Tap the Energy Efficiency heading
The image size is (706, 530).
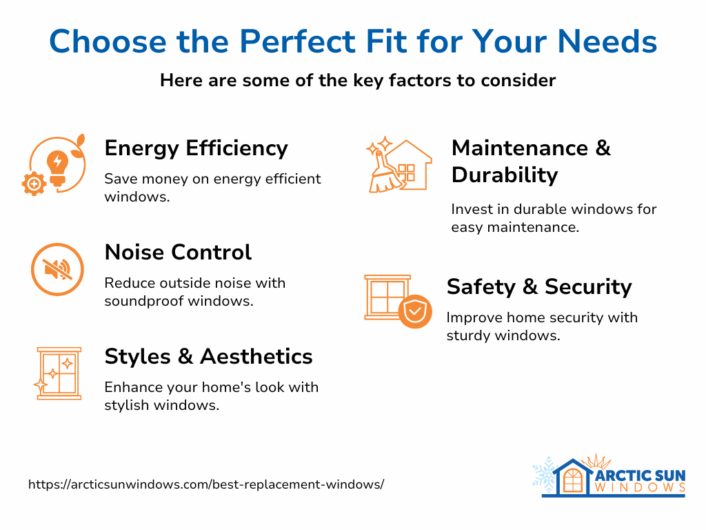(196, 148)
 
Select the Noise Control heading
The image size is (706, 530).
(178, 253)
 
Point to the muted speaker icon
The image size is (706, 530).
(58, 270)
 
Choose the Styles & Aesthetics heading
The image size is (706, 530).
(208, 357)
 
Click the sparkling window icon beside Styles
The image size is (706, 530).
(59, 373)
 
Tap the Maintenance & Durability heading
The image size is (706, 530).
(531, 161)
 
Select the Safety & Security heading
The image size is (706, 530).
(539, 286)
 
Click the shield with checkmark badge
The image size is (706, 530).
(415, 312)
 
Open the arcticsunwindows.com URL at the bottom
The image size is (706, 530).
(205, 484)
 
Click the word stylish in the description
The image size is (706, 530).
(126, 405)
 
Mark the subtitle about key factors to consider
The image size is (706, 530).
(358, 81)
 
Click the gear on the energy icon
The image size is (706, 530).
(34, 184)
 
